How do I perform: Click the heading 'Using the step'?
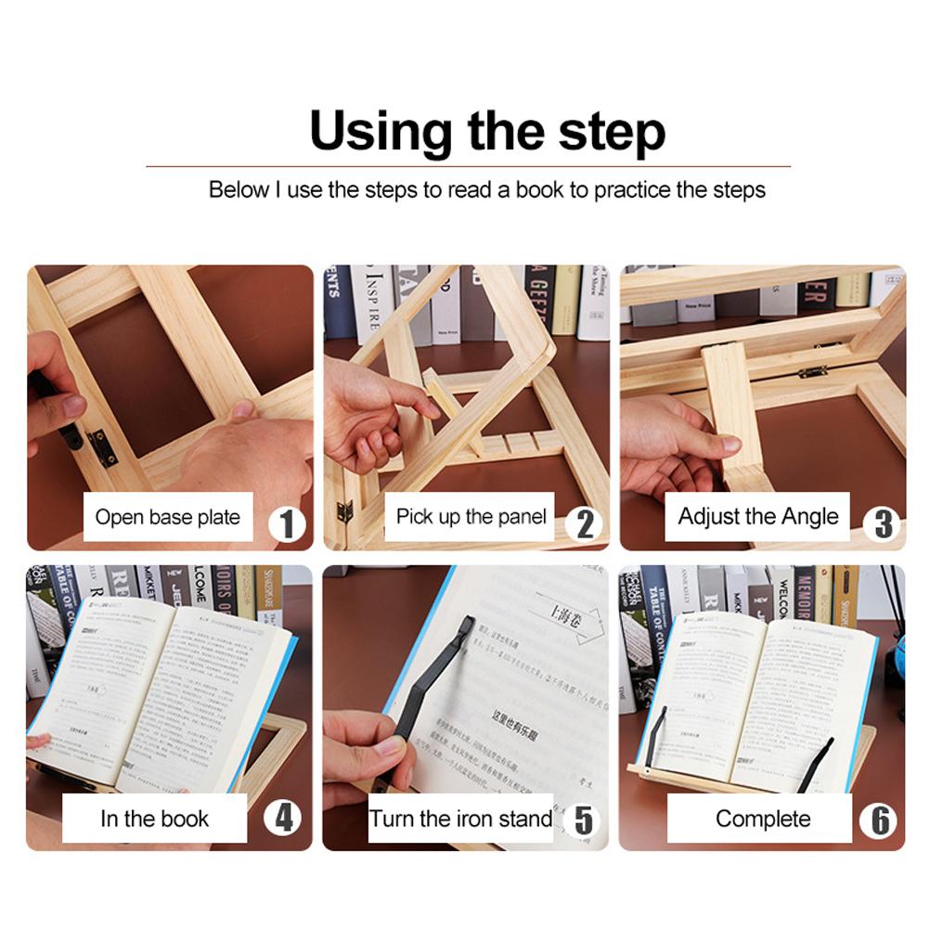point(487,131)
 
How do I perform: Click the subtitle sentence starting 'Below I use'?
point(487,190)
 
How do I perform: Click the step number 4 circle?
point(283,819)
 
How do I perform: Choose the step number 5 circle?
point(583,820)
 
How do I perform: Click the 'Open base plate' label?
point(168,517)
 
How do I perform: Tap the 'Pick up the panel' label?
point(471,517)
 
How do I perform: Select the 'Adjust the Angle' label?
point(757,517)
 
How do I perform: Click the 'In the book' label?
point(155,819)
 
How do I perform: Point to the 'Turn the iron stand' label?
point(461,819)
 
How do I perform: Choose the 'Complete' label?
point(762,819)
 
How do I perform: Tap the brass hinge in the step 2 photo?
point(344,511)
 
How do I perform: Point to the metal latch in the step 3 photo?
point(812,371)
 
